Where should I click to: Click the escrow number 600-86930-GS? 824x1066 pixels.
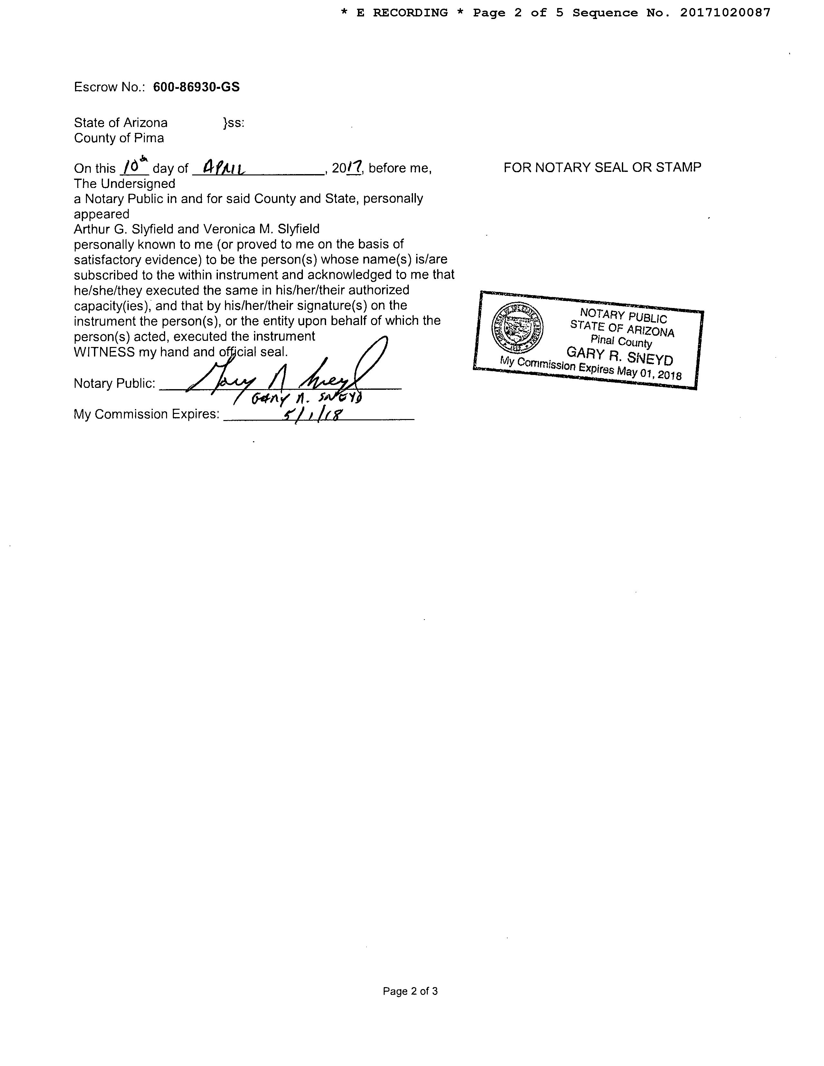click(x=196, y=87)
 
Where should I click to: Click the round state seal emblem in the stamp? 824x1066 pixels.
click(x=518, y=328)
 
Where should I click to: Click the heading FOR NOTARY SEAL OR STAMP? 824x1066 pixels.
click(x=602, y=167)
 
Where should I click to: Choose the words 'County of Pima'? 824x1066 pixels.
click(x=119, y=138)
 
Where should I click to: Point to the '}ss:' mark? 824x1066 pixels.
click(x=233, y=123)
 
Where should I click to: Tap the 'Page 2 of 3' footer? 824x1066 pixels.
click(x=410, y=991)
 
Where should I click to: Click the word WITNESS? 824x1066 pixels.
click(x=104, y=352)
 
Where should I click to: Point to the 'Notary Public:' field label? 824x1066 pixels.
click(x=114, y=384)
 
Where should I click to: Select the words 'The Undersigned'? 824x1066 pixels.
click(x=125, y=183)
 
